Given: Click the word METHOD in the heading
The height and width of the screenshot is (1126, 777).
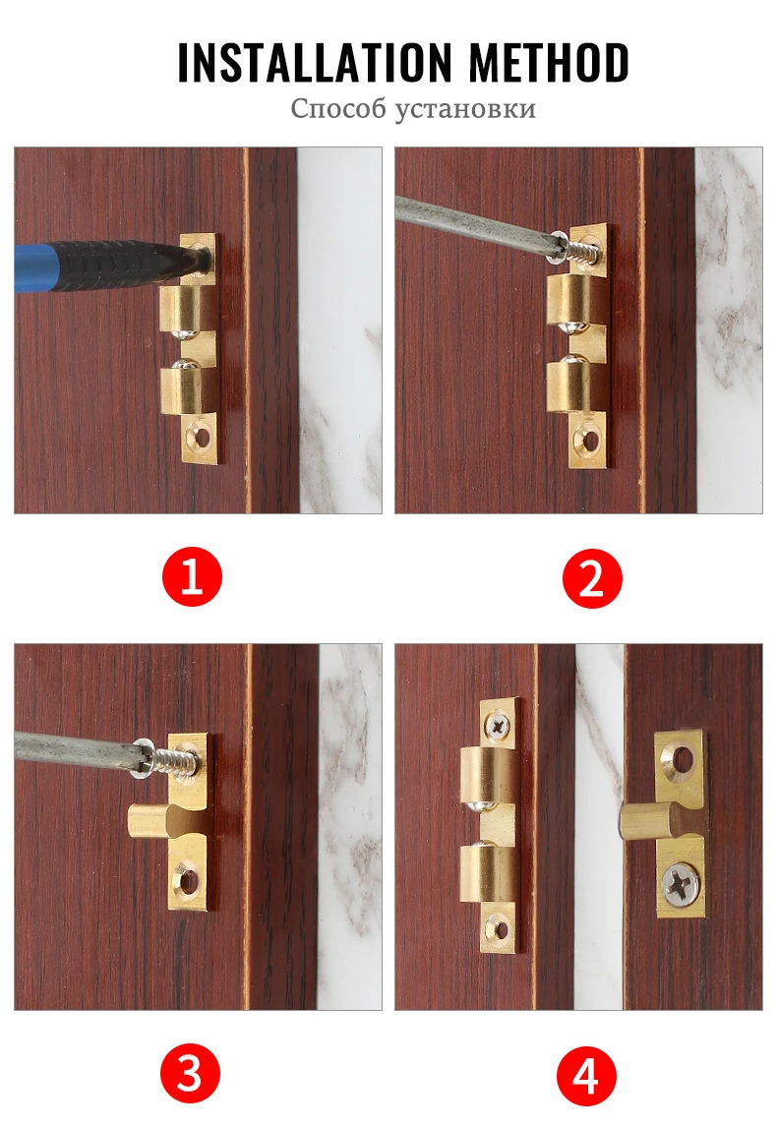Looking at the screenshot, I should pyautogui.click(x=549, y=63).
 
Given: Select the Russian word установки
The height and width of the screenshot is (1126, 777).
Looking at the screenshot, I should pyautogui.click(x=465, y=108).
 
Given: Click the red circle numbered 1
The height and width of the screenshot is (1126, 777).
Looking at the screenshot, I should pyautogui.click(x=192, y=578).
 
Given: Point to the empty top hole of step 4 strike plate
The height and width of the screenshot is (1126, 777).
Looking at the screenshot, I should pyautogui.click(x=681, y=757).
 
